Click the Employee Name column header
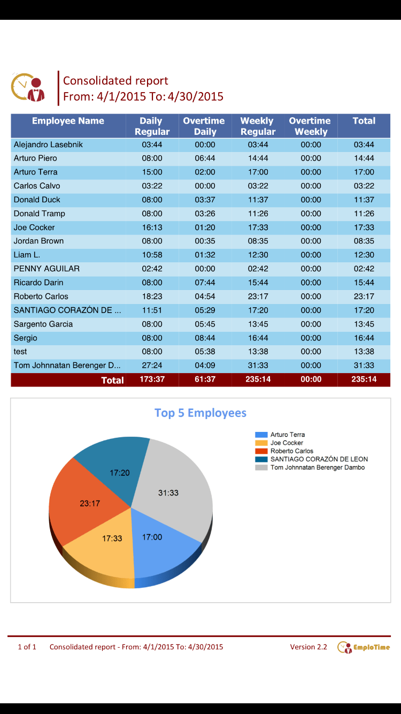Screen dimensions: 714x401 (x=68, y=121)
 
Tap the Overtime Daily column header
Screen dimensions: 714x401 (x=204, y=126)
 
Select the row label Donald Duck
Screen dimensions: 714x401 (x=37, y=200)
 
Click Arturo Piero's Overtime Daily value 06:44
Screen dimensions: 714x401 (x=205, y=158)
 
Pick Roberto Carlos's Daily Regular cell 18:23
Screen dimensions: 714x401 (x=152, y=297)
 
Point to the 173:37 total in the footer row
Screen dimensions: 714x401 (x=152, y=379)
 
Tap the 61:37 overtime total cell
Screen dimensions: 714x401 (x=205, y=379)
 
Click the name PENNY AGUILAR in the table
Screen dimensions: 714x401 (x=47, y=269)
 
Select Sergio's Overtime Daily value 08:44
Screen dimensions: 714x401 (x=205, y=338)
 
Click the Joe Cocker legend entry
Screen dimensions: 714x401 (x=287, y=443)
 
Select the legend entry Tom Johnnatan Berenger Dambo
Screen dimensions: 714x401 (x=317, y=468)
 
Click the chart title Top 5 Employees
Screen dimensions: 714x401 (x=200, y=413)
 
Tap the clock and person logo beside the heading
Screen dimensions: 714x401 (x=28, y=87)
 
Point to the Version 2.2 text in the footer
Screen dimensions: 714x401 (x=309, y=647)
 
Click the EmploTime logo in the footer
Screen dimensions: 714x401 (x=364, y=647)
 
